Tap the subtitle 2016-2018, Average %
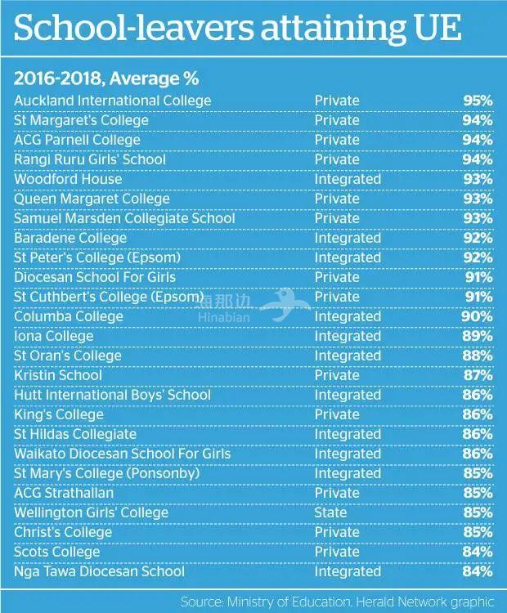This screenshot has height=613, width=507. point(107,78)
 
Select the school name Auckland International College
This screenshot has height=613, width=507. point(113,101)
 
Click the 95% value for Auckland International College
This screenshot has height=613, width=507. point(477,101)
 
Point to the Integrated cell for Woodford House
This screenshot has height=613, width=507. point(348,179)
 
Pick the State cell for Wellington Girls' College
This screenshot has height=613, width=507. point(330,512)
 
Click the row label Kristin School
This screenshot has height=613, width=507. point(58,375)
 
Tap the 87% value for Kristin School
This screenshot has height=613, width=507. point(477,375)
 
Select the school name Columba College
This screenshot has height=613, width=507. point(69,316)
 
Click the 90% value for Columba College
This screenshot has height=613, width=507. point(477,316)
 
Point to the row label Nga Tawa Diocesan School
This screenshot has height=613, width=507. point(100,571)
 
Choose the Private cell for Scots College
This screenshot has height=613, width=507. point(337,552)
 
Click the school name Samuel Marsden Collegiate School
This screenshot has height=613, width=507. point(124,218)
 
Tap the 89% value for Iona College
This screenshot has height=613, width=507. point(477,336)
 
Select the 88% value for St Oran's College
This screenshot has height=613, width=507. point(477,356)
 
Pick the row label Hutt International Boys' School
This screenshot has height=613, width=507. point(112,395)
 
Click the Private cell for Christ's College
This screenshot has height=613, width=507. point(337,532)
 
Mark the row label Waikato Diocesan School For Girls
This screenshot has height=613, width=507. point(123,454)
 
